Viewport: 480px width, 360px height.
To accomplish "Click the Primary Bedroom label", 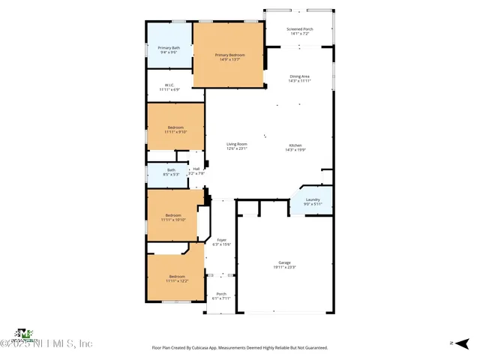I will [229, 55].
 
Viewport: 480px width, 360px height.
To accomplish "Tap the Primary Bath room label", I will [167, 48].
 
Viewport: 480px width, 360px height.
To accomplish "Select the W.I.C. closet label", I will [169, 85].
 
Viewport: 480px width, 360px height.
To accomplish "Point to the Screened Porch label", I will [300, 29].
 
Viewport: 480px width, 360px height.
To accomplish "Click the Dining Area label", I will [300, 76].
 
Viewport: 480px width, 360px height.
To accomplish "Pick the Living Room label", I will [237, 144].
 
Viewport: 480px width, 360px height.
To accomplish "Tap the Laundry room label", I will [312, 199].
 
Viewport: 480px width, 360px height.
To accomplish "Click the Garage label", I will [285, 262].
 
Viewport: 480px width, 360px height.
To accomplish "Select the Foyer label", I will [221, 240].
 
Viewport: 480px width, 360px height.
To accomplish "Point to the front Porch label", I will [221, 293].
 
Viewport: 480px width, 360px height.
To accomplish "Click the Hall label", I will [196, 169].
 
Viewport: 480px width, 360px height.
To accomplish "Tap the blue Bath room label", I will [171, 170].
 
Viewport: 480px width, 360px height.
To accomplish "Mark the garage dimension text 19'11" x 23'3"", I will [285, 267].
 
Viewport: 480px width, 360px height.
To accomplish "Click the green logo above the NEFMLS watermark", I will [25, 333].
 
